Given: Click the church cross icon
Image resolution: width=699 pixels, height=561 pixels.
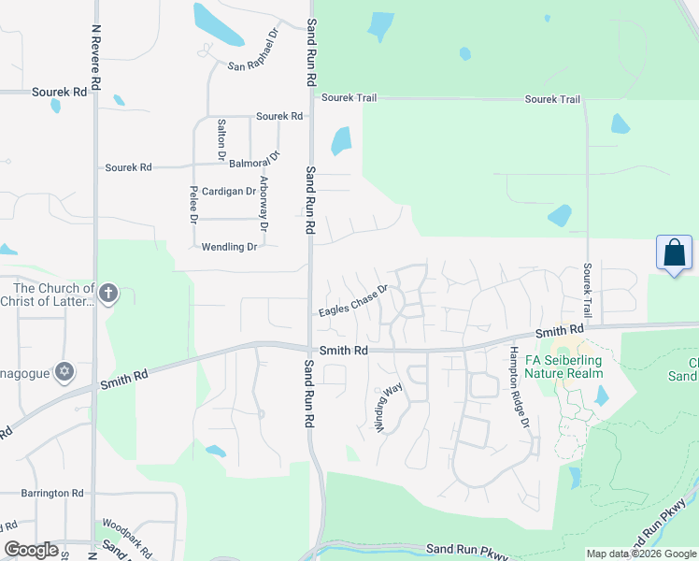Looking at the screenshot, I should tap(108, 294).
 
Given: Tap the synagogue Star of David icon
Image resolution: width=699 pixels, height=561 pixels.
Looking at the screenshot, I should tap(64, 372).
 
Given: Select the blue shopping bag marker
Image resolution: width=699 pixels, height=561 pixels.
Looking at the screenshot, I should tap(673, 253).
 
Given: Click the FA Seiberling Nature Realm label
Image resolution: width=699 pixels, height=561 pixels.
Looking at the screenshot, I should tap(563, 366).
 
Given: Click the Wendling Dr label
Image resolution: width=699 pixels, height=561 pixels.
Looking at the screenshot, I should tap(229, 247).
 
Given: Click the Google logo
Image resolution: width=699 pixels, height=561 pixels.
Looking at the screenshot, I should tap(31, 550).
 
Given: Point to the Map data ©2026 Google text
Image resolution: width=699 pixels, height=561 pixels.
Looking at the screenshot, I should tap(640, 554).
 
